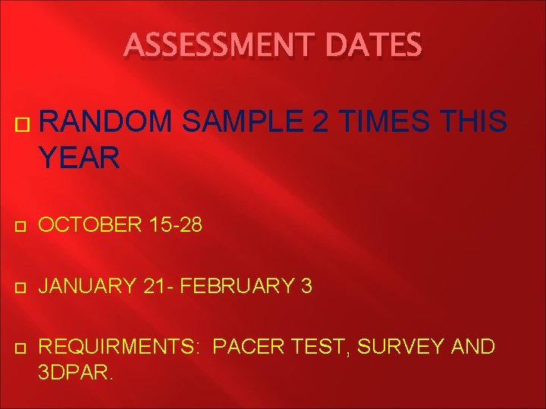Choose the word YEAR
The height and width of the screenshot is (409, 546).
point(79,158)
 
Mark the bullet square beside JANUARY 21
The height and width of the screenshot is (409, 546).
point(20,287)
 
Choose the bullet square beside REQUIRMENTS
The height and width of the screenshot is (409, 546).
point(20,348)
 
